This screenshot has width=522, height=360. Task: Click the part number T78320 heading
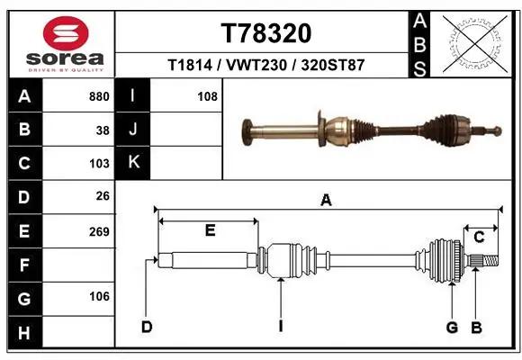(x=265, y=33)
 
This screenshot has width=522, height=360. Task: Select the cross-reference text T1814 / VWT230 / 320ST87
(x=265, y=66)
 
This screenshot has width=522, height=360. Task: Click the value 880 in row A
(x=99, y=96)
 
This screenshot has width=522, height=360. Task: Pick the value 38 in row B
(x=103, y=130)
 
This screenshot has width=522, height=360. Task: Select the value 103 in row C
(x=99, y=164)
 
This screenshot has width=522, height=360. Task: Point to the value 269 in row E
(x=99, y=231)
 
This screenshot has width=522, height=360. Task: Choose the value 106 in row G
(x=99, y=297)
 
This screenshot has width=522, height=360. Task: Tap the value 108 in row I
(x=207, y=96)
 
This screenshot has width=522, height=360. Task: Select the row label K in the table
(x=133, y=163)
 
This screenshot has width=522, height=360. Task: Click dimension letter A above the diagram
(x=326, y=201)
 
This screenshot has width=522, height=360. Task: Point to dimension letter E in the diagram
(x=209, y=230)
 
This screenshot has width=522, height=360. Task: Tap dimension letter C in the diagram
(x=479, y=237)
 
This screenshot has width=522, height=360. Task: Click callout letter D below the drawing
(x=147, y=326)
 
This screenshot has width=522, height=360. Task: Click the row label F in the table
(x=24, y=265)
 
